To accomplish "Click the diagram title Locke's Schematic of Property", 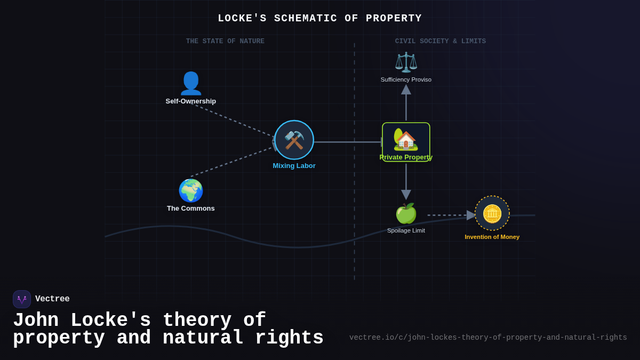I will coord(319,18).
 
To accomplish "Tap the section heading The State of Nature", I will coord(225,41).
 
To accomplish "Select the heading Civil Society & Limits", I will coord(440,41).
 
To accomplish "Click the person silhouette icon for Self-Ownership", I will coord(191,83).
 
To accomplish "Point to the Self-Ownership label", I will coord(191,101).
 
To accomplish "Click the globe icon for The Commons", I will coord(191,190).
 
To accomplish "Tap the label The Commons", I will coord(191,209).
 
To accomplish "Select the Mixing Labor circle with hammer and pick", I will coord(294,140).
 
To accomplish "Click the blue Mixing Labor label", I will coord(294,166).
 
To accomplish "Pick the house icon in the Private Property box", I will coord(406,140).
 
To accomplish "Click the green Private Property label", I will coord(406,157).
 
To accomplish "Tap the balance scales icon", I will coord(406,62).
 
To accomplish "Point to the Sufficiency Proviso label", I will coord(406,79).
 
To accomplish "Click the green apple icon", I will coord(406,213).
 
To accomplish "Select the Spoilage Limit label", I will coord(406,230).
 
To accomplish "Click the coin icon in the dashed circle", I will coord(492,213).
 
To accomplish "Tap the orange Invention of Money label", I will coord(492,237).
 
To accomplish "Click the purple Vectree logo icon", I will coord(22,299).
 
